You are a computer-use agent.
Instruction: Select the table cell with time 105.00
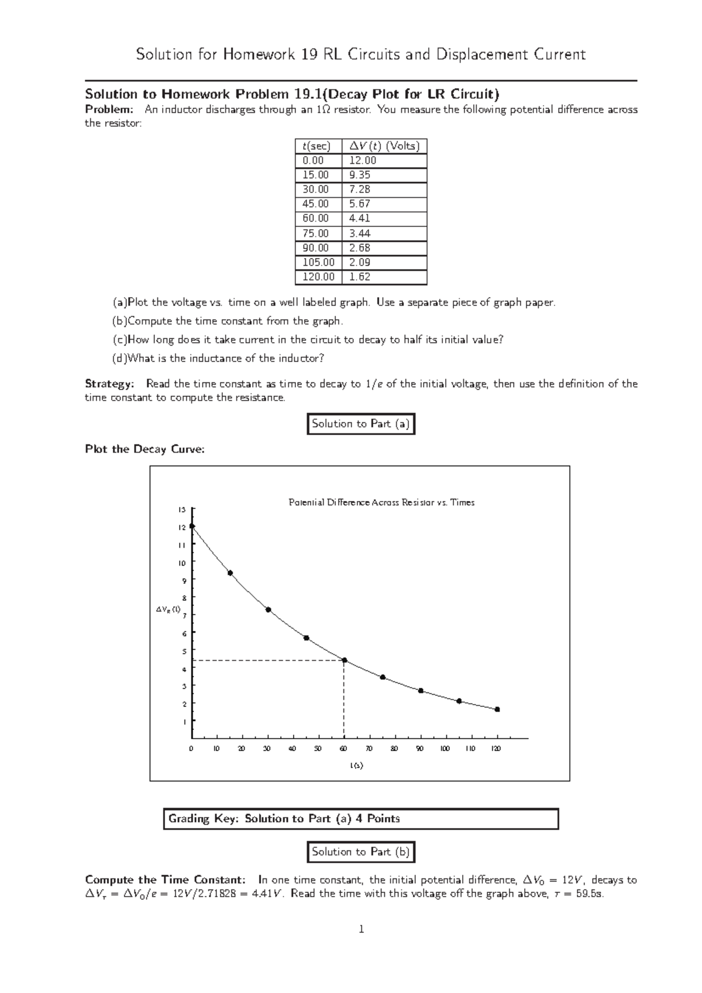pos(318,263)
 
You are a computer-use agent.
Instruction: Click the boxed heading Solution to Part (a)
pos(361,424)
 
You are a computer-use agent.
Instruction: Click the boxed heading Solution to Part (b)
pos(361,852)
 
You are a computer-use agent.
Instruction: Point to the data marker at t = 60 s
pos(344,660)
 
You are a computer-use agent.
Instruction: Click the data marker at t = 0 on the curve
pos(192,526)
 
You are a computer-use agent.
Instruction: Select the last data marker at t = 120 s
pos(497,709)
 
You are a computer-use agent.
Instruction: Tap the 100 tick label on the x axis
pos(445,749)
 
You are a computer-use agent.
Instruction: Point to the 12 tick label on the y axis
pos(182,527)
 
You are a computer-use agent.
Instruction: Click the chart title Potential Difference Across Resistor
pos(381,502)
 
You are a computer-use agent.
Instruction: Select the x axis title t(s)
pos(357,766)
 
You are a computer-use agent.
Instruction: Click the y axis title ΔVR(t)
pos(167,609)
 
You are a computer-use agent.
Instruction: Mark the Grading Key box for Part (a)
pos(361,819)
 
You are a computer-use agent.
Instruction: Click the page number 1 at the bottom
pos(362,929)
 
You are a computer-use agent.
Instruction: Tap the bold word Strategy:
pos(109,384)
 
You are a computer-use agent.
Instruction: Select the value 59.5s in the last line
pos(589,894)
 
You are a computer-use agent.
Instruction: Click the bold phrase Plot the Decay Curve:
pos(145,449)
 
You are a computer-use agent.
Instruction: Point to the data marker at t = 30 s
pos(268,609)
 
